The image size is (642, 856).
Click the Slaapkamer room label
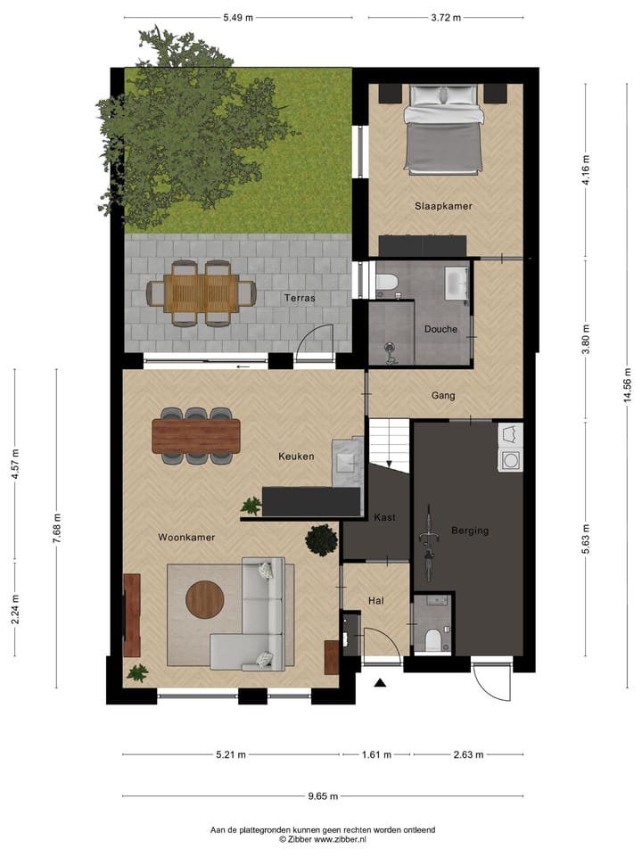pyautogui.click(x=443, y=206)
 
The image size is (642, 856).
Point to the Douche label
pyautogui.click(x=440, y=329)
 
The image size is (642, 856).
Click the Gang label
pyautogui.click(x=443, y=395)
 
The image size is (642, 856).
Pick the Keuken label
pyautogui.click(x=296, y=457)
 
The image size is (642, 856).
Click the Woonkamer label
pyautogui.click(x=186, y=538)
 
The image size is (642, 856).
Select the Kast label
pyautogui.click(x=385, y=517)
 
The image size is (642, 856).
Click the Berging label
pyautogui.click(x=470, y=531)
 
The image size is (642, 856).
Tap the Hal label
pyautogui.click(x=376, y=601)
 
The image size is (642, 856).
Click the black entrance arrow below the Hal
pyautogui.click(x=381, y=683)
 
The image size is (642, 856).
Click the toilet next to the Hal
pyautogui.click(x=432, y=638)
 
